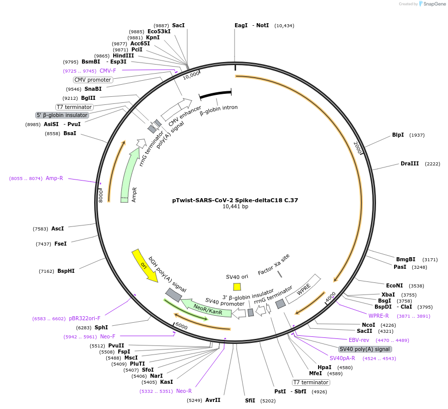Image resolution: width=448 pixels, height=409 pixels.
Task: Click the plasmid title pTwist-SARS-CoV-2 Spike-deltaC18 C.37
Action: (235, 200)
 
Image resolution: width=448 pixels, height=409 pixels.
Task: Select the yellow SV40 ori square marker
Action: (237, 286)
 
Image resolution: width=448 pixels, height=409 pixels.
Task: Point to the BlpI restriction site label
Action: (398, 135)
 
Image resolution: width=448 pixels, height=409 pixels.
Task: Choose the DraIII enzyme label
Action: (409, 164)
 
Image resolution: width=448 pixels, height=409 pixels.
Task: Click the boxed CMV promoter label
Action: (93, 80)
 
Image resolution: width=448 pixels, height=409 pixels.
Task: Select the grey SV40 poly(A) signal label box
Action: (364, 349)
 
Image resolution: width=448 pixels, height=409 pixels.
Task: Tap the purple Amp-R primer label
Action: (54, 178)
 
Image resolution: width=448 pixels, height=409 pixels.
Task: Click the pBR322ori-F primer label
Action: (85, 319)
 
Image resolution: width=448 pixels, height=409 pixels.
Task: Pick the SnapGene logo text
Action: (431, 4)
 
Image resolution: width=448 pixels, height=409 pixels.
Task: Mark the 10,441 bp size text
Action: (235, 207)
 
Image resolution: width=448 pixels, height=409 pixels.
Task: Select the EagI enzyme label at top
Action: (241, 25)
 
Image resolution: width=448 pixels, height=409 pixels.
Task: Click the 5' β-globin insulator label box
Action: (62, 115)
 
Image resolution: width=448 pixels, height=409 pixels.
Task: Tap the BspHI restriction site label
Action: (65, 271)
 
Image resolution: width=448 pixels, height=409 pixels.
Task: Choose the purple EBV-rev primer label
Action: (359, 340)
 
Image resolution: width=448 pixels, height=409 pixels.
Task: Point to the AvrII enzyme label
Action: (213, 400)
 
